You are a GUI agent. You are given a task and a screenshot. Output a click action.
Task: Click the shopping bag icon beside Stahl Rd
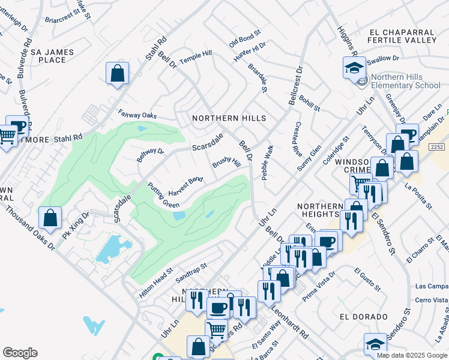tap(118, 74)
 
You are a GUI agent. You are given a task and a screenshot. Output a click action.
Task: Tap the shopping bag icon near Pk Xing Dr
tap(50, 218)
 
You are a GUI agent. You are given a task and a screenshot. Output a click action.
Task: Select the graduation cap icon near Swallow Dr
tap(354, 67)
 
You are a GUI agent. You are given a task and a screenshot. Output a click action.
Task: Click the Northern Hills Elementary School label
tap(405, 81)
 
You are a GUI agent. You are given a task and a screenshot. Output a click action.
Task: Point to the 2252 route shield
tap(436, 146)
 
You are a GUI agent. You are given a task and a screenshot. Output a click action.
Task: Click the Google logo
tap(20, 353)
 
